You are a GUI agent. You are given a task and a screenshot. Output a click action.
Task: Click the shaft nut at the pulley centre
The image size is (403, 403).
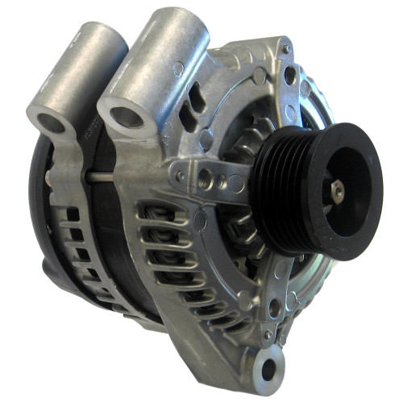click(x=338, y=190)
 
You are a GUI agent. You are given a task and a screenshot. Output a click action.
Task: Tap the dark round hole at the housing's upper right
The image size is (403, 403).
click(x=289, y=77)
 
